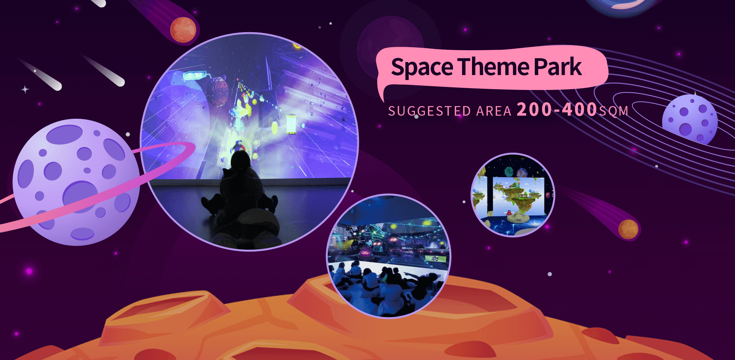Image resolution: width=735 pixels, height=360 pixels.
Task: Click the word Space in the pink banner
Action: pyautogui.click(x=422, y=67)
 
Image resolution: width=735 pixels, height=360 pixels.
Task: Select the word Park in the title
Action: pyautogui.click(x=558, y=67)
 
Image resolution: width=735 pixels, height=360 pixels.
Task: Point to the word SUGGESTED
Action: pyautogui.click(x=430, y=111)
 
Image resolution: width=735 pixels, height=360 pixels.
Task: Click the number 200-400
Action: pyautogui.click(x=557, y=109)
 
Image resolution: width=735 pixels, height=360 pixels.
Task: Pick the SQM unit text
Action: pyautogui.click(x=614, y=111)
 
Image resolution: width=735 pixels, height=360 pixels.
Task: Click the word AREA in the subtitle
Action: pyautogui.click(x=494, y=111)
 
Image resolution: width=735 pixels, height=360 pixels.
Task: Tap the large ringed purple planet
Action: pyautogui.click(x=77, y=182)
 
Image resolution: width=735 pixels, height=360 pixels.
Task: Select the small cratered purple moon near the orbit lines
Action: pyautogui.click(x=690, y=120)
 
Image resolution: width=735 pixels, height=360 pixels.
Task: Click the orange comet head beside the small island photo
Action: pyautogui.click(x=628, y=229)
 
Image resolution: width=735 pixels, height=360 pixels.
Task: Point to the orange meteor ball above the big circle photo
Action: pyautogui.click(x=183, y=30)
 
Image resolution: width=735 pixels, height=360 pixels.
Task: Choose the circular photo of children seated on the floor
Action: pyautogui.click(x=389, y=256)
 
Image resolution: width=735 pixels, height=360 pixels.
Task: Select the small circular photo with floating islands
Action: pyautogui.click(x=513, y=195)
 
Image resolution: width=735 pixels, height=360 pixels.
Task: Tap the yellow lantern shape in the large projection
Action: pyautogui.click(x=291, y=124)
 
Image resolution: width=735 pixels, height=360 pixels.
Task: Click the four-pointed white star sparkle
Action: pyautogui.click(x=25, y=90)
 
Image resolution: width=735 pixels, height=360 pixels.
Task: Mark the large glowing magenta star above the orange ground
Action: pyautogui.click(x=29, y=271)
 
